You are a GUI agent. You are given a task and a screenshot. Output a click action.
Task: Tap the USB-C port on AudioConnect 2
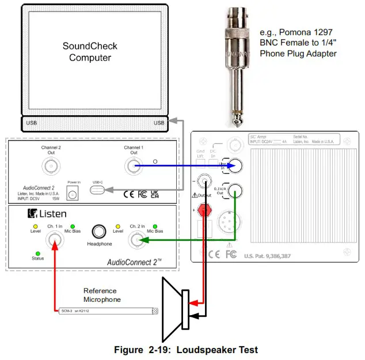point(100,189)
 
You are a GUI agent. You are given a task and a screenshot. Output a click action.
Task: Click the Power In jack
point(73,194)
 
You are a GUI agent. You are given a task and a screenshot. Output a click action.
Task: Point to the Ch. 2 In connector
point(137,240)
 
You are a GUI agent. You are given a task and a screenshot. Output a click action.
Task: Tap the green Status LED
point(37,253)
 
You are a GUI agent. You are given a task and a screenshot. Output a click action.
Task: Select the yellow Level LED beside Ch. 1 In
point(35,226)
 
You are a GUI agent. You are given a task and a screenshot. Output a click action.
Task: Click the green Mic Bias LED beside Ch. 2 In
point(155,226)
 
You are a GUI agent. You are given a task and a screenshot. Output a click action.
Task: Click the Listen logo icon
point(33,214)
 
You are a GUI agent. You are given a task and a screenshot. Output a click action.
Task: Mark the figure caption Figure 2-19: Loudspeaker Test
point(186,350)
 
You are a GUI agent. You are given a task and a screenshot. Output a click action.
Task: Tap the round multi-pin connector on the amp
point(233,221)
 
